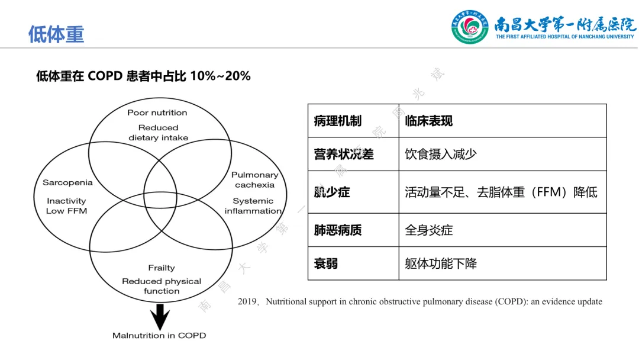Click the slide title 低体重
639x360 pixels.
click(56, 34)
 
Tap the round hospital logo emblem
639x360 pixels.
click(470, 27)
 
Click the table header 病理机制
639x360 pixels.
click(337, 121)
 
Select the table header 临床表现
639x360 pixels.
click(429, 121)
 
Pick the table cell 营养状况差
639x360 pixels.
click(344, 155)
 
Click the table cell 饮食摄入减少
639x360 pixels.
click(441, 155)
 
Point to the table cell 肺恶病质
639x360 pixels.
click(337, 230)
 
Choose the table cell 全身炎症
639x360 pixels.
click(429, 230)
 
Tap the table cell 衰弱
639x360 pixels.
click(326, 263)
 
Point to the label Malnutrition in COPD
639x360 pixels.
click(159, 336)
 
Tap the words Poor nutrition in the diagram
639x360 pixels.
click(157, 112)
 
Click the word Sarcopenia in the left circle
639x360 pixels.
click(67, 182)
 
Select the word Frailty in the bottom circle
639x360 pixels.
click(162, 268)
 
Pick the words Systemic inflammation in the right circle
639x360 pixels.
click(253, 206)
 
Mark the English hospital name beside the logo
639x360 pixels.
click(564, 37)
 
